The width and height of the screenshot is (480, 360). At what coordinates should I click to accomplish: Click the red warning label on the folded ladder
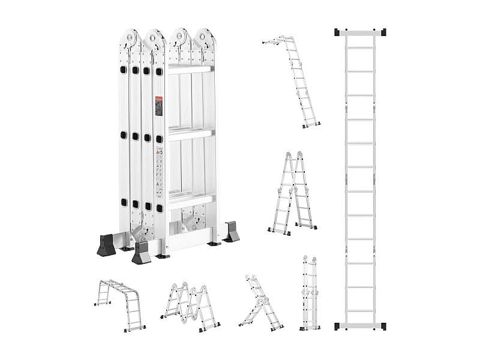pyautogui.click(x=159, y=106)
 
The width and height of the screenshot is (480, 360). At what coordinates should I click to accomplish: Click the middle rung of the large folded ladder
pyautogui.click(x=189, y=134)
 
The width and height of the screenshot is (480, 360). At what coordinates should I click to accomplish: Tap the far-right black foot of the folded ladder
pyautogui.click(x=232, y=233)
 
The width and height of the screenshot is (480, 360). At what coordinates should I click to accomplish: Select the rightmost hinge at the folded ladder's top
pyautogui.click(x=204, y=39)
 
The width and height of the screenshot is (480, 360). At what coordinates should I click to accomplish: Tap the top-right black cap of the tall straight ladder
pyautogui.click(x=382, y=32)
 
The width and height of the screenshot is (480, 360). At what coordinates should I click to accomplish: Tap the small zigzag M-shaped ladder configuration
pyautogui.click(x=190, y=306)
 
